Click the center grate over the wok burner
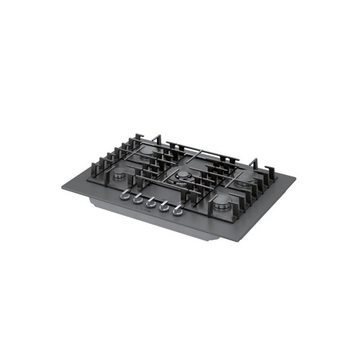(184, 173)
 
